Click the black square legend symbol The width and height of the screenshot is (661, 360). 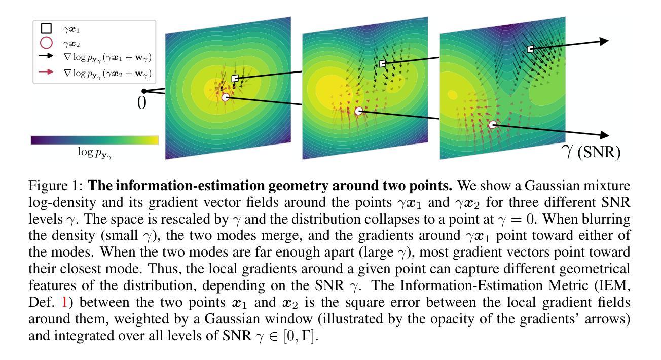point(46,30)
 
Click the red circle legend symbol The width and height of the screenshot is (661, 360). point(46,44)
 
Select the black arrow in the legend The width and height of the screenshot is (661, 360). point(46,58)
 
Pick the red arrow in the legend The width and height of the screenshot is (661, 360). point(46,72)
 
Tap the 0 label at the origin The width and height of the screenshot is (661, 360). point(142,103)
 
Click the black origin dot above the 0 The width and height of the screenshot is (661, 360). point(144,91)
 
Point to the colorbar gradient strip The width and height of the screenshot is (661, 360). point(95,140)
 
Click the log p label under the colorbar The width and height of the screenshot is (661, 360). point(95,152)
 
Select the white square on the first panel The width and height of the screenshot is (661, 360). point(235,78)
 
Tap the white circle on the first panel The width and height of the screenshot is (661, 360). point(226,97)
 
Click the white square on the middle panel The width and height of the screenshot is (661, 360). point(383,63)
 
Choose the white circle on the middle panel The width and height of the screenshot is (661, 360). point(359,111)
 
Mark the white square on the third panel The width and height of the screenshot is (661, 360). point(530,49)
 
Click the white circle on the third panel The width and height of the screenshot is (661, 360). point(492,124)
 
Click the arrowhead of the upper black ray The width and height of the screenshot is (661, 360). point(603,41)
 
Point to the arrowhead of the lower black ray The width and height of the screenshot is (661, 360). point(603,135)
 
